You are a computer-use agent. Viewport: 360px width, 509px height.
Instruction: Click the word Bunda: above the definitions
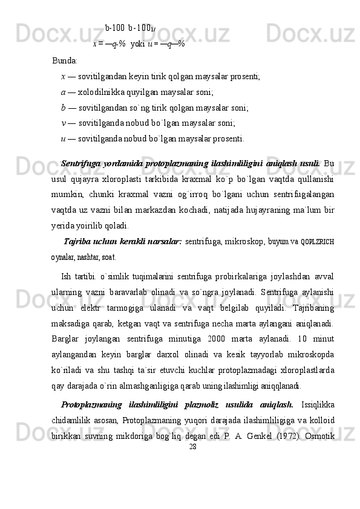coord(65,61)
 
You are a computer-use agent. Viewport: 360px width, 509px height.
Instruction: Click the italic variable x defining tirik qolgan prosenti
coord(64,77)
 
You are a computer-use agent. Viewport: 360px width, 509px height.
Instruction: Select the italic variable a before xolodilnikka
coord(64,92)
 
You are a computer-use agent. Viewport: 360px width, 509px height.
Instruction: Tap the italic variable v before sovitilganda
coord(64,123)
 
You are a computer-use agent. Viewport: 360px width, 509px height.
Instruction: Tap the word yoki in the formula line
coord(137,44)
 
